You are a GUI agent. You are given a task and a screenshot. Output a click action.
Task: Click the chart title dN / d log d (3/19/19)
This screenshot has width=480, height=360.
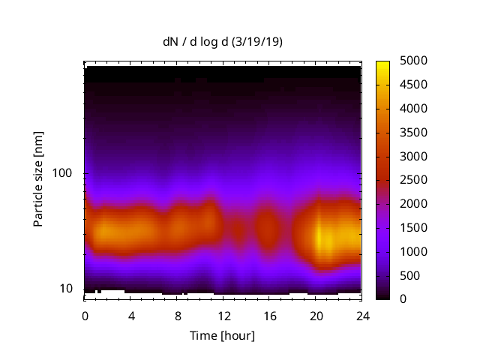tap(222, 42)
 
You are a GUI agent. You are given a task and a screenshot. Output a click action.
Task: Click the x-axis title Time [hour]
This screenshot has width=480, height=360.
tap(222, 335)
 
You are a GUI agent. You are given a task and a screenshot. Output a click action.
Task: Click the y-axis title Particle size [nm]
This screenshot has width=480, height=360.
tap(38, 179)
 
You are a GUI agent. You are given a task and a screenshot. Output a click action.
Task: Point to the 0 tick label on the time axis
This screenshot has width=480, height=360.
tap(85, 316)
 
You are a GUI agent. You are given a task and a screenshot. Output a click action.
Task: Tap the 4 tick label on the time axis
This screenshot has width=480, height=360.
tap(131, 316)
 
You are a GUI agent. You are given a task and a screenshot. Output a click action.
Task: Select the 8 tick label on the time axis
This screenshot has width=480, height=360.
tap(177, 316)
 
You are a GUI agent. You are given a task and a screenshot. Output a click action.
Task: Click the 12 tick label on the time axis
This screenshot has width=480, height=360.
tap(223, 316)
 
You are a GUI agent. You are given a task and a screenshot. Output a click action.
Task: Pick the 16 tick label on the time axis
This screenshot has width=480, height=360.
tap(269, 316)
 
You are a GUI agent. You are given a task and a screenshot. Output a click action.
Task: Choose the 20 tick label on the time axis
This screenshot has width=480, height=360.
tap(315, 316)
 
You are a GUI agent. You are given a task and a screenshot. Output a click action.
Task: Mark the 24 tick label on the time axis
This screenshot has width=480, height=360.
tap(361, 316)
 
